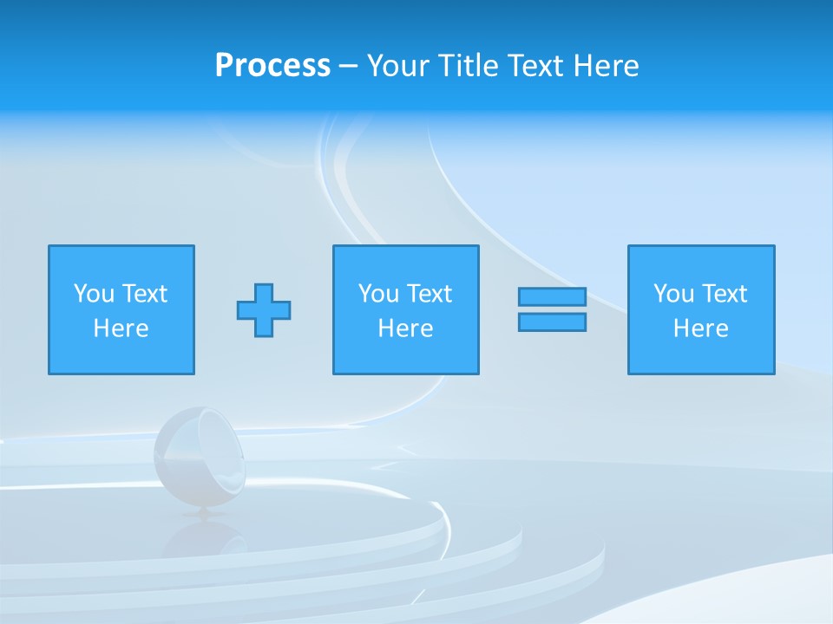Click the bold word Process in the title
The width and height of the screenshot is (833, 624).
pos(272,66)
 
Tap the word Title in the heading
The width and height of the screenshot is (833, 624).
pos(469,66)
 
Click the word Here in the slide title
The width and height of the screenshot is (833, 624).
pos(606,66)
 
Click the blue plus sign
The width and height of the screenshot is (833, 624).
pos(264,310)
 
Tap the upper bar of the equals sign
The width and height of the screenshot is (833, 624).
pos(552,297)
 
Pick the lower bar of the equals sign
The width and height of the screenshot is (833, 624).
pos(552,322)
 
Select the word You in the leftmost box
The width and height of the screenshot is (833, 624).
pos(94,294)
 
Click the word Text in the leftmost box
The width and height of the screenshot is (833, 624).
pos(143,294)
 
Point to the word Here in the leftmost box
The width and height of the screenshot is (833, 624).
pos(121,328)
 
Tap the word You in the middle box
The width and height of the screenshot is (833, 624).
pos(378,294)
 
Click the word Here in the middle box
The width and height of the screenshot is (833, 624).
pos(405,328)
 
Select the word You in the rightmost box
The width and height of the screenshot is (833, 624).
pos(673,294)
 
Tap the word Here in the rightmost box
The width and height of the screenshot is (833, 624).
pos(700,328)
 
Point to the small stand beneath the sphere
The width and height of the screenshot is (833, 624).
pos(205,514)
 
